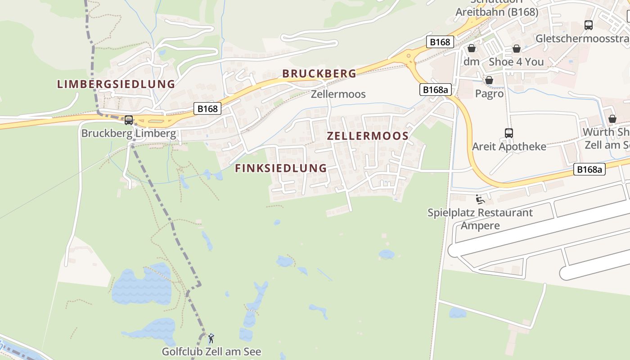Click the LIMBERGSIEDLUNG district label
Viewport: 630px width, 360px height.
click(116, 84)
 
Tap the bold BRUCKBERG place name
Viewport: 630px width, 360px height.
click(319, 73)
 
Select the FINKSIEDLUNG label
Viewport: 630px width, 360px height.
click(281, 168)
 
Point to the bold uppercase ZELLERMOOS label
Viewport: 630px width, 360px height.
click(368, 136)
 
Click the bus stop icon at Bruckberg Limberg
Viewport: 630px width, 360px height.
click(129, 120)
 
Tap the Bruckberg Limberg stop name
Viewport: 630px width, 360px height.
click(129, 134)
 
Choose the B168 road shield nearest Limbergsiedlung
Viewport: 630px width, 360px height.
click(207, 108)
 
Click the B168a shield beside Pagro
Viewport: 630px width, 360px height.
click(435, 90)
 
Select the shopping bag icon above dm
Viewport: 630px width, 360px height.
click(472, 48)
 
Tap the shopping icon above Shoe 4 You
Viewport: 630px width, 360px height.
click(517, 49)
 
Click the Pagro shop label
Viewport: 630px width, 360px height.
click(489, 94)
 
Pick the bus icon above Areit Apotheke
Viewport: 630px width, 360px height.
click(509, 133)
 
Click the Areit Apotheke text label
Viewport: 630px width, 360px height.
click(509, 147)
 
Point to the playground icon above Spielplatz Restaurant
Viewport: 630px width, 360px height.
click(480, 198)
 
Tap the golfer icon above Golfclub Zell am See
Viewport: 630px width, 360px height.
click(211, 337)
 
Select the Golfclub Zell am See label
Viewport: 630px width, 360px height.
click(211, 351)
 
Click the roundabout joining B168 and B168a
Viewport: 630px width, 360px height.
click(410, 58)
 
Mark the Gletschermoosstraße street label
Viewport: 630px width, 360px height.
click(582, 39)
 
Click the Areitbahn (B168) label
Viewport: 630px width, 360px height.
click(497, 12)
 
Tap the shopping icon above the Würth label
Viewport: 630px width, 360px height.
click(612, 119)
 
